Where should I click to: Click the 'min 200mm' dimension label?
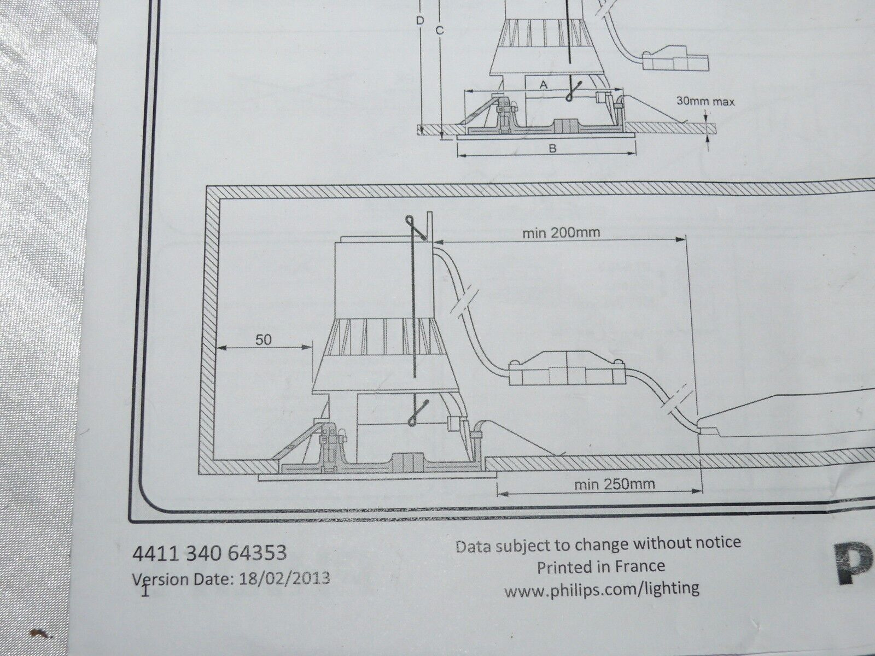click(561, 232)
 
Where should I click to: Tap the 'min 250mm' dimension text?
click(615, 484)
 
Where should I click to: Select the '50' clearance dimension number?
click(263, 339)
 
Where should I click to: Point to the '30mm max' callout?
click(705, 102)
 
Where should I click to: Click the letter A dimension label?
click(544, 85)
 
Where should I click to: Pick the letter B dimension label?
click(552, 149)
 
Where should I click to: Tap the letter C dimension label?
click(439, 30)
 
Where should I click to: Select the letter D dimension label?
click(420, 21)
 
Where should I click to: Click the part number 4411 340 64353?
click(209, 553)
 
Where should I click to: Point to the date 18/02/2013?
click(284, 577)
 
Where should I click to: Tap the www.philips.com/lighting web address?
click(602, 588)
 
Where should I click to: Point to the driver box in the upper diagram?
click(676, 58)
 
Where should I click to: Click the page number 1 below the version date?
click(145, 591)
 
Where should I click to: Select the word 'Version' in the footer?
click(161, 579)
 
